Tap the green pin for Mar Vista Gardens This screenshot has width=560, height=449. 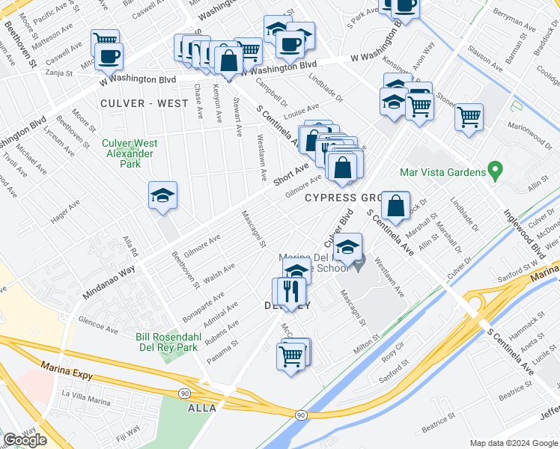[x=494, y=171]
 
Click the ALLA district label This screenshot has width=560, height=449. [x=202, y=408]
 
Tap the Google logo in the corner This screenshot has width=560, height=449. [x=25, y=440]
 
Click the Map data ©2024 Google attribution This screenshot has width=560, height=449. [x=514, y=443]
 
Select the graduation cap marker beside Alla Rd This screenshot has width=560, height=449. [x=162, y=198]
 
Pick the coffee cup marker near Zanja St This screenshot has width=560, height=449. [x=109, y=57]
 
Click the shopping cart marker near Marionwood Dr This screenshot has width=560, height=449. [x=469, y=118]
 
